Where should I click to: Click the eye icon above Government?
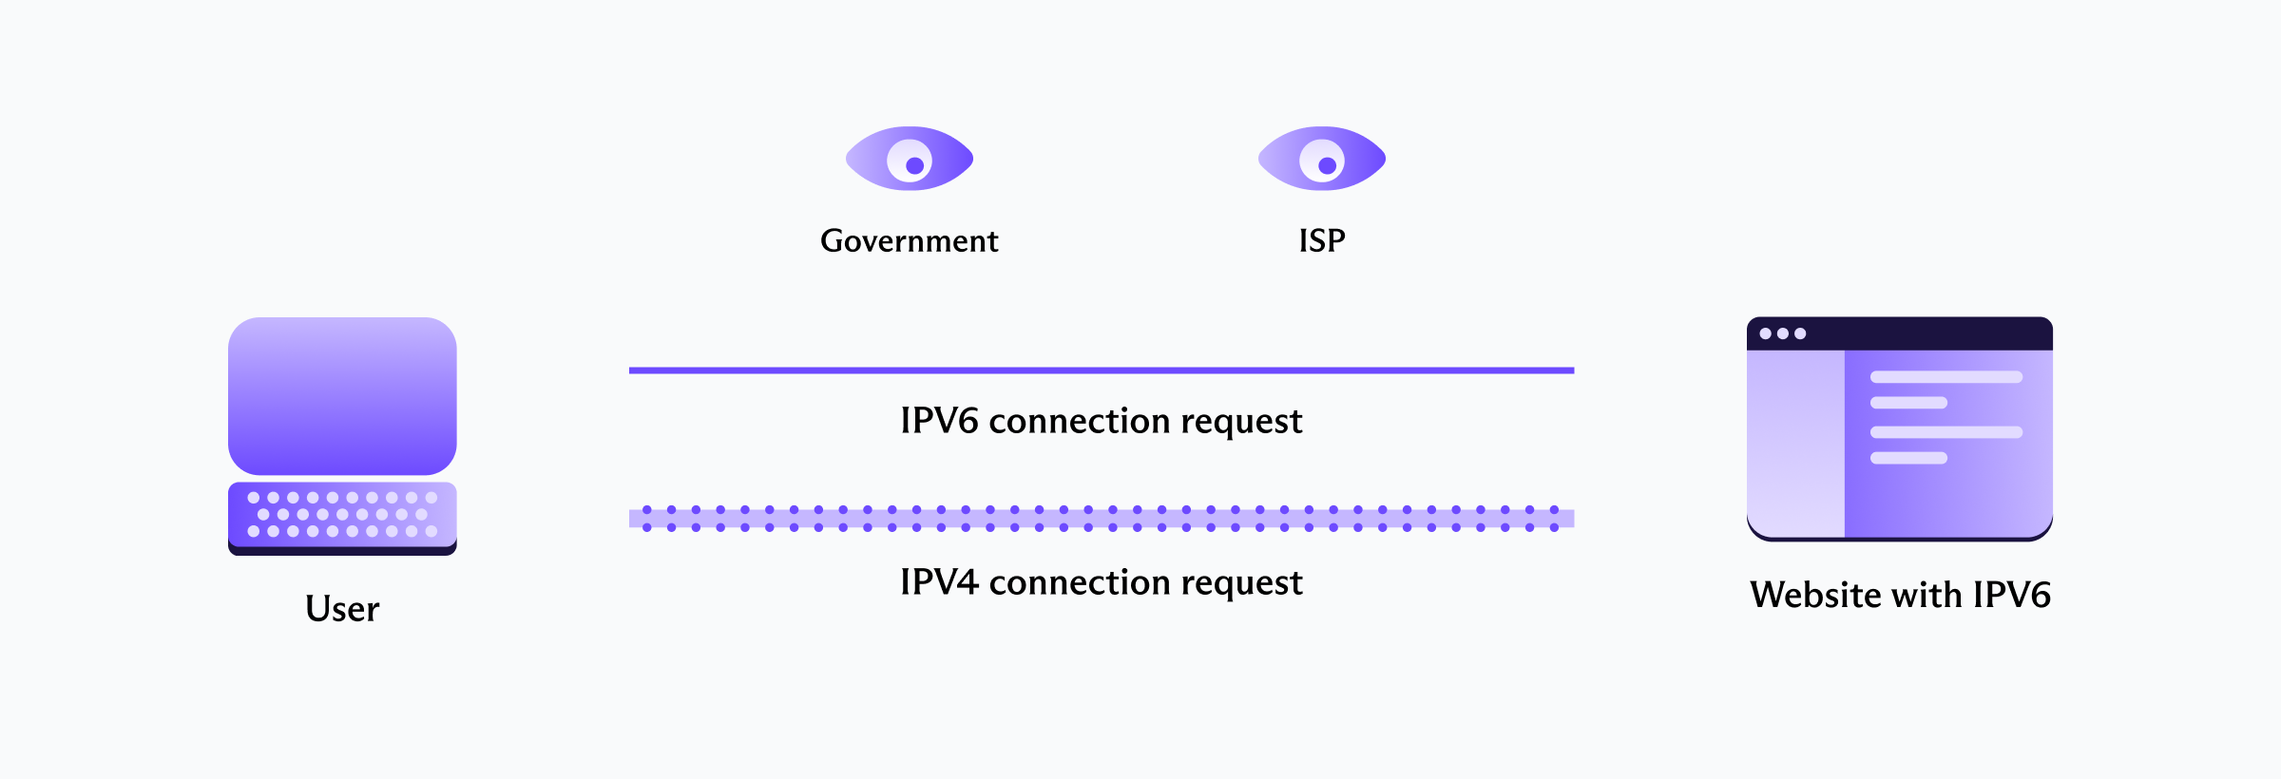[x=910, y=159]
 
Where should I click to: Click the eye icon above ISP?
[x=1322, y=159]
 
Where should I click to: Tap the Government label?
[x=910, y=241]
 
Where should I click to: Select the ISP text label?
[x=1322, y=241]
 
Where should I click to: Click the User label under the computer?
[x=342, y=609]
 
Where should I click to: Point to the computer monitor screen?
[x=342, y=395]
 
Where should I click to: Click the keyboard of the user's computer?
[x=342, y=516]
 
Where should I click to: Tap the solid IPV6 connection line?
[x=1101, y=370]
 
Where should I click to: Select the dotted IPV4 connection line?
[x=1101, y=519]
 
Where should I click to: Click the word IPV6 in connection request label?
[x=939, y=421]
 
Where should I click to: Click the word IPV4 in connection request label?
[x=939, y=582]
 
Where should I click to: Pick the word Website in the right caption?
[x=1815, y=596]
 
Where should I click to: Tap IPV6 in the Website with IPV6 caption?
[x=2011, y=596]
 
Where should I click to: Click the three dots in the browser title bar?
[x=1782, y=333]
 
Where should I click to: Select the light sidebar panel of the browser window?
[x=1795, y=443]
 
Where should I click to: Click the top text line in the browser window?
[x=1946, y=377]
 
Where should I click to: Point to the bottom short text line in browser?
[x=1908, y=458]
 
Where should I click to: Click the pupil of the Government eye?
[x=915, y=165]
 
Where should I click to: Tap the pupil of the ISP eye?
[x=1328, y=165]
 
